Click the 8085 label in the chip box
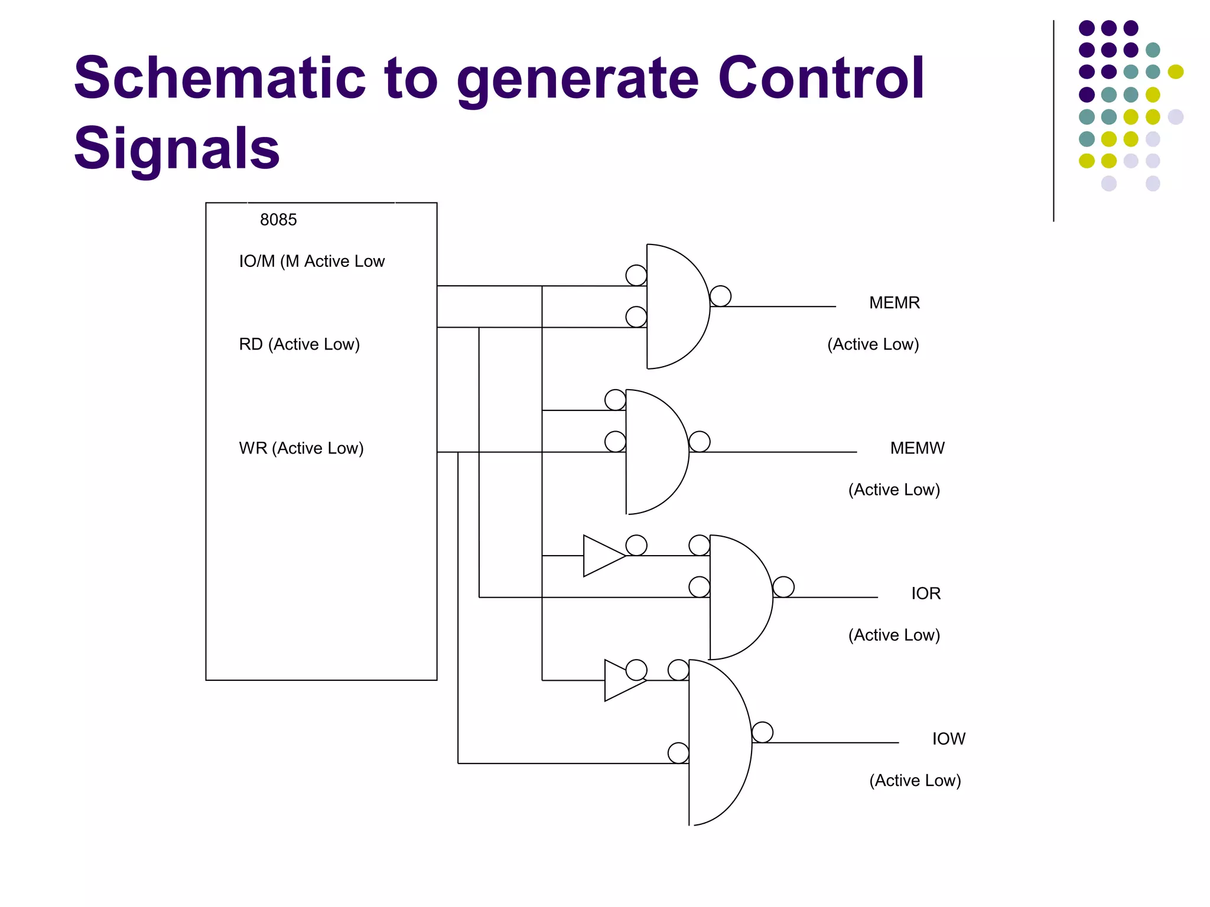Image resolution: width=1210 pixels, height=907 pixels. (278, 220)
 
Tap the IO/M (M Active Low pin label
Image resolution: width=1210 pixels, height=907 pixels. (311, 261)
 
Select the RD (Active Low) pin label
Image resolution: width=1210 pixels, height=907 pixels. (299, 344)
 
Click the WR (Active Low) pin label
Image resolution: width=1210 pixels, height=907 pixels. (301, 448)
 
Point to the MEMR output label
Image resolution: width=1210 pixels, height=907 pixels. (894, 303)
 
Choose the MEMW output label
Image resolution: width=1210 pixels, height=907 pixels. (917, 448)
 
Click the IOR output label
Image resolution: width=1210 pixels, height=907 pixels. (925, 593)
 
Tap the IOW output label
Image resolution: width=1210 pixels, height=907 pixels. (948, 739)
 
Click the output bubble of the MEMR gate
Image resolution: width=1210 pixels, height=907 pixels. (720, 296)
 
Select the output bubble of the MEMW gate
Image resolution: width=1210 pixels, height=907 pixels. (699, 442)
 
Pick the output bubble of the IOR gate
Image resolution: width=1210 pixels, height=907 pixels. (783, 587)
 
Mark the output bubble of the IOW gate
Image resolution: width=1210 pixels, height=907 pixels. (762, 732)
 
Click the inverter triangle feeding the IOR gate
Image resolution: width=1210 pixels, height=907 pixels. (601, 556)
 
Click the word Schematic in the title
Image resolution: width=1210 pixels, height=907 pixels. (219, 79)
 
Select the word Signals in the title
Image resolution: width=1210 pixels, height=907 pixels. (177, 148)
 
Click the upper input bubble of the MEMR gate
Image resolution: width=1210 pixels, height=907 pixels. (636, 275)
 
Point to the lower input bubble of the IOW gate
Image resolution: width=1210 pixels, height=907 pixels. (678, 753)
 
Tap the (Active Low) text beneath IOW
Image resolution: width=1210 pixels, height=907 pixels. (915, 781)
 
